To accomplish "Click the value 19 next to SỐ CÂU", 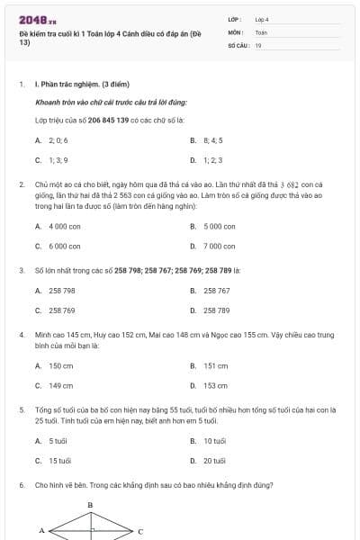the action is (x=258, y=43).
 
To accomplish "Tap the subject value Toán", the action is (x=261, y=31).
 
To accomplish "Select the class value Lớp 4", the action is (x=262, y=18).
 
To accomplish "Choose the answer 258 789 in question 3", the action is (x=217, y=310).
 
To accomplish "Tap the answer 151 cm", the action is (x=215, y=366).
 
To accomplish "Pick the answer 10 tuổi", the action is (x=214, y=441).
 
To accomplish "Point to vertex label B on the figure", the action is (x=89, y=505).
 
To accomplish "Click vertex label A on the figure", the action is (x=41, y=531).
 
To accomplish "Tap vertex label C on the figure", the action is (x=139, y=531).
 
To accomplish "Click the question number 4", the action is (x=21, y=334).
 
